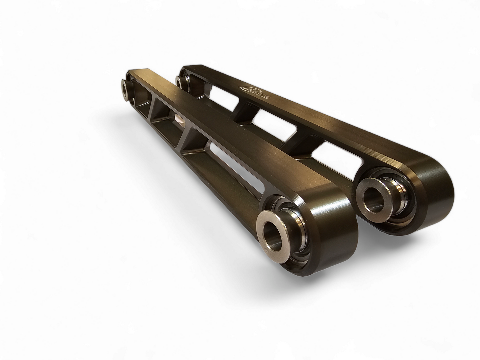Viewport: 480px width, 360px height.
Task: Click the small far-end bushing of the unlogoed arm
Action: [127, 89]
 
